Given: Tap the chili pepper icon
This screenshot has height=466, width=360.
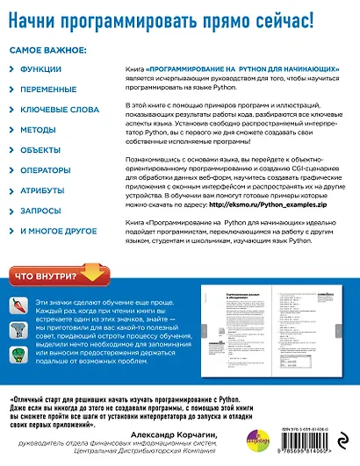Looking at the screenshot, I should [x=18, y=305].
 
